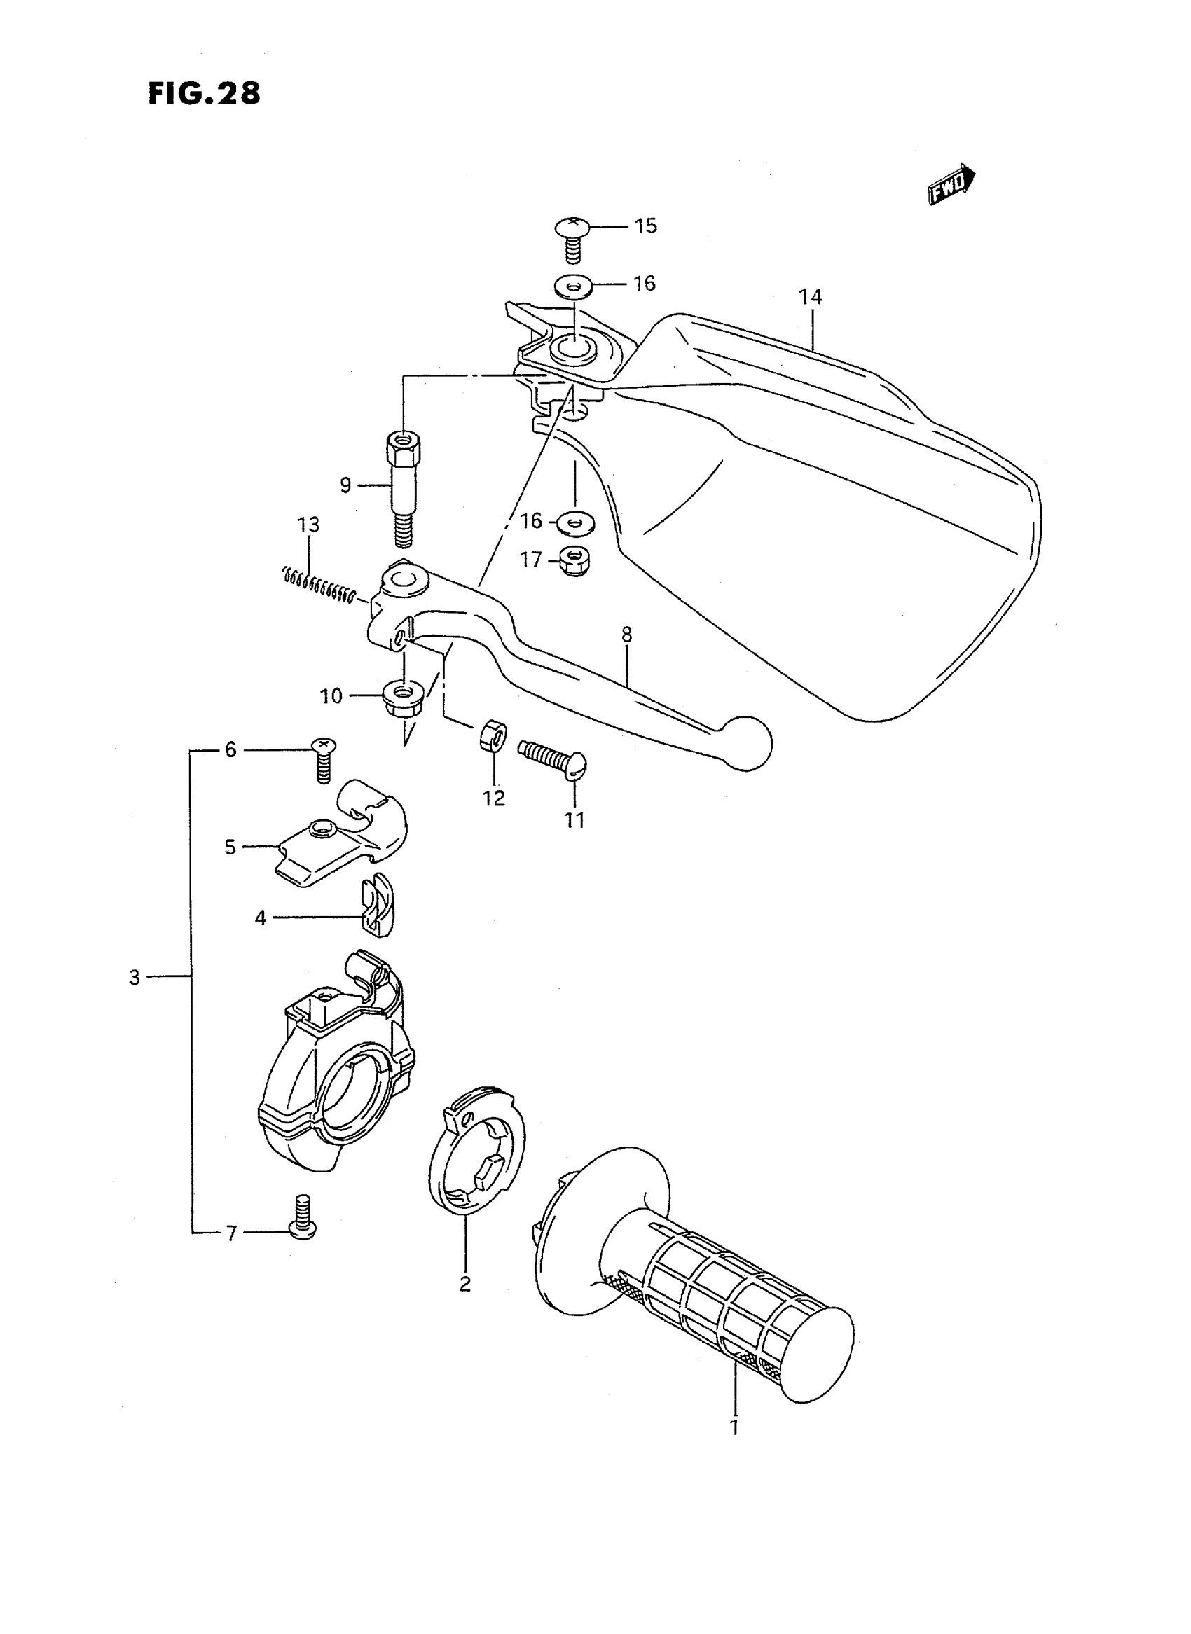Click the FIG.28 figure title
click(204, 94)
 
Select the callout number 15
click(645, 226)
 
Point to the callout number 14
click(811, 296)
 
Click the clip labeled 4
click(376, 914)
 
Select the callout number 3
click(134, 978)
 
